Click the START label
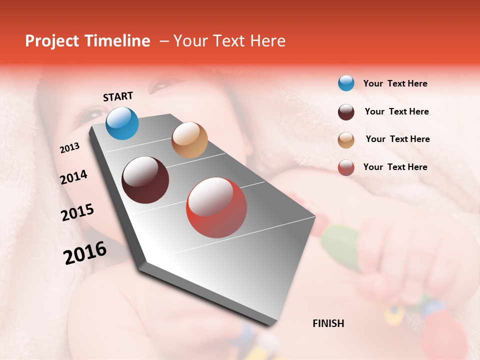coord(118,96)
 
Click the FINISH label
coord(328,323)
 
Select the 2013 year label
coord(69,148)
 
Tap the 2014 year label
coord(73,177)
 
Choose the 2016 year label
coord(85,252)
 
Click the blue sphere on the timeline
coord(122,123)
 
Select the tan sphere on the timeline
coord(189,140)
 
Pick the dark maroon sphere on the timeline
coord(145,180)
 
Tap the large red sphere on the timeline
coord(216,207)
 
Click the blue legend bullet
coord(346,83)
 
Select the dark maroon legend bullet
coord(346,112)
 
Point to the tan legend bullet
coord(346,140)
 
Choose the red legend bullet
coord(346,167)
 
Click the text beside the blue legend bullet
coord(395,84)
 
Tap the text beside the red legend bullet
coord(395,167)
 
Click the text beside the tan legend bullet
coord(397,139)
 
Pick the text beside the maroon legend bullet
coord(396,111)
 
